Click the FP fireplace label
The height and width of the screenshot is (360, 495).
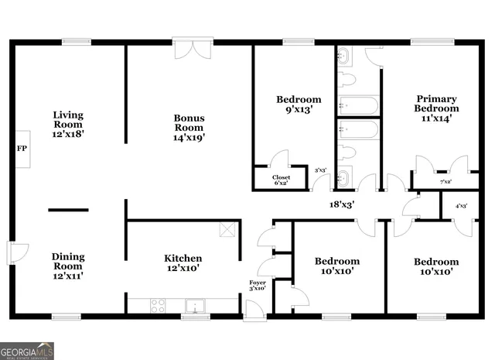coord(21,148)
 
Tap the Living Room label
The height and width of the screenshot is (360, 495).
coord(68,124)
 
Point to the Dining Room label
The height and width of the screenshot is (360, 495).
coord(68,266)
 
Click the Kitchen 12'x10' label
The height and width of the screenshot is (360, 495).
coord(183,263)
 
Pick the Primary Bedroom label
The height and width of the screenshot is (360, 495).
coord(437,108)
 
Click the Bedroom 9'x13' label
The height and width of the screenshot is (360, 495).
coord(299,105)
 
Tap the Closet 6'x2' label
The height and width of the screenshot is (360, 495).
coord(282,180)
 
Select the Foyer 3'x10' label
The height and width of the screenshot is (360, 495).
coord(257,286)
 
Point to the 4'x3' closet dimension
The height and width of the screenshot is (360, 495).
coord(461,206)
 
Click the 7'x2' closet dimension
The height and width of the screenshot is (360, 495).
coord(445,182)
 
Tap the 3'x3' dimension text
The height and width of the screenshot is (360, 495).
coord(320,170)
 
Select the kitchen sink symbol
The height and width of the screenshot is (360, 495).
coord(196,306)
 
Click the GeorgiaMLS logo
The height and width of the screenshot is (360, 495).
coord(27,351)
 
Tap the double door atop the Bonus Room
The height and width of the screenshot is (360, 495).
coord(191,48)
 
